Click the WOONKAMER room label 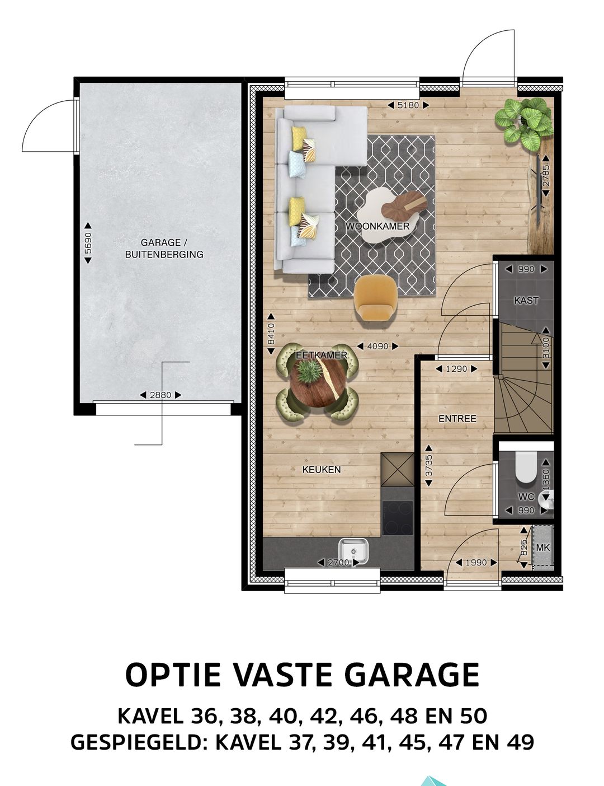point(377,226)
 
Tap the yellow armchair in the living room point(375,297)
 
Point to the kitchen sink point(354,551)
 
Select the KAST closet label point(526,301)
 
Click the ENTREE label point(457,418)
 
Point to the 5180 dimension point(408,105)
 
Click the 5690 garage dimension point(87,244)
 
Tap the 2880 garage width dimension point(161,395)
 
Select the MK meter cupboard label point(542,547)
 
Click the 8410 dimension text point(271,334)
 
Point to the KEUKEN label point(321,470)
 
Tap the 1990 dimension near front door point(469,563)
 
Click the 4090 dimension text point(377,347)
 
